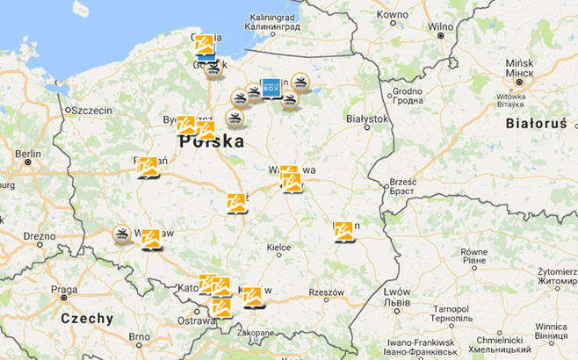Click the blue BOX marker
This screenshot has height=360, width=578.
[x=271, y=87]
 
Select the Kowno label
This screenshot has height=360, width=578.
[x=392, y=15]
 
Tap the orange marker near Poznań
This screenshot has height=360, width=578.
[x=148, y=166]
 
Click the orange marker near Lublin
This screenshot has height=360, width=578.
[x=343, y=231]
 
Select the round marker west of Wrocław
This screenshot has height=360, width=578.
[x=121, y=234]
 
